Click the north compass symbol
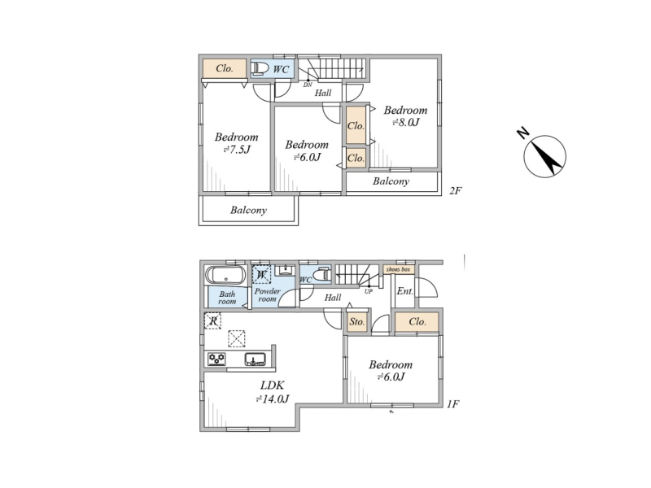(x=544, y=156)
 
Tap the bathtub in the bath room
(x=225, y=275)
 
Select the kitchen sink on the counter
(x=255, y=359)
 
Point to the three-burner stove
(x=216, y=359)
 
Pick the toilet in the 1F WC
(x=321, y=274)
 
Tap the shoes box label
(x=398, y=270)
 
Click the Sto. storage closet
(x=357, y=321)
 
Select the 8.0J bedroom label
(x=405, y=116)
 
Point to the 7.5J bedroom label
(x=236, y=143)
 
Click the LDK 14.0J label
(x=273, y=392)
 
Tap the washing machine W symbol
(x=261, y=274)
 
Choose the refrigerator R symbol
(x=212, y=320)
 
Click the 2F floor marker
(x=456, y=191)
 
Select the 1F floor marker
(x=453, y=403)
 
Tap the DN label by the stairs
(x=308, y=85)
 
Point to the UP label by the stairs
(x=369, y=291)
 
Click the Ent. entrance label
(x=404, y=291)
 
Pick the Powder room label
(x=268, y=295)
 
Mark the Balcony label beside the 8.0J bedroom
(x=391, y=181)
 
